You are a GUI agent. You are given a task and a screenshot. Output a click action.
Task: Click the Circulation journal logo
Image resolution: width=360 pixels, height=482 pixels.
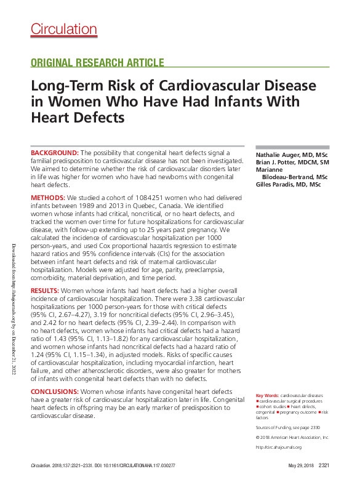[x=63, y=29]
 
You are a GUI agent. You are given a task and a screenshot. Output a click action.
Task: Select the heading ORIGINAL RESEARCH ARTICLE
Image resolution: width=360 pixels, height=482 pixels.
[x=97, y=62]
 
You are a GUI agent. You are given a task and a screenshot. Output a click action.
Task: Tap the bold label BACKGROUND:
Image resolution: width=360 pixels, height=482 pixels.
[x=55, y=152]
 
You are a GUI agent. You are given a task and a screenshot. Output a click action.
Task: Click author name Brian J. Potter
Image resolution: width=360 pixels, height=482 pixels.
[x=277, y=161]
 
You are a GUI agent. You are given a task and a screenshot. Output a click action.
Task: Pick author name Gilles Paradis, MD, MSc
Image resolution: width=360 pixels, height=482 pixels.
[x=288, y=185]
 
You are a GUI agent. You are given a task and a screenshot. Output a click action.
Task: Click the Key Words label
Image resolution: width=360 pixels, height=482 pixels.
[x=268, y=395]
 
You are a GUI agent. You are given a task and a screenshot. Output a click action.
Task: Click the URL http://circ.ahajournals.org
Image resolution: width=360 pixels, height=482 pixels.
[x=278, y=447]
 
